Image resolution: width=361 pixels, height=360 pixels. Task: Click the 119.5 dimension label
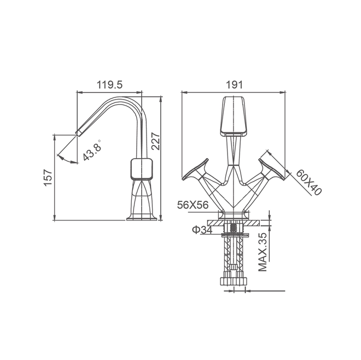[109, 85]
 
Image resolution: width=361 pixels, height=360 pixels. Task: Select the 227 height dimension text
[156, 141]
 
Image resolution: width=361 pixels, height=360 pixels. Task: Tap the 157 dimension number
[48, 178]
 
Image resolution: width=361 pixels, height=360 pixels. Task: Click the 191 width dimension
[234, 85]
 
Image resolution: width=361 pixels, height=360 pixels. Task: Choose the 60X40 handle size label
[308, 182]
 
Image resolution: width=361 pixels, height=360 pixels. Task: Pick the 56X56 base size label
[193, 205]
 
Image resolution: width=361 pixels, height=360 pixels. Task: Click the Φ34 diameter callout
[202, 229]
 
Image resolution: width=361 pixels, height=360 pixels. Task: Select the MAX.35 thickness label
[263, 252]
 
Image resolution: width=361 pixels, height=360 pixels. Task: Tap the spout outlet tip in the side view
[79, 132]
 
